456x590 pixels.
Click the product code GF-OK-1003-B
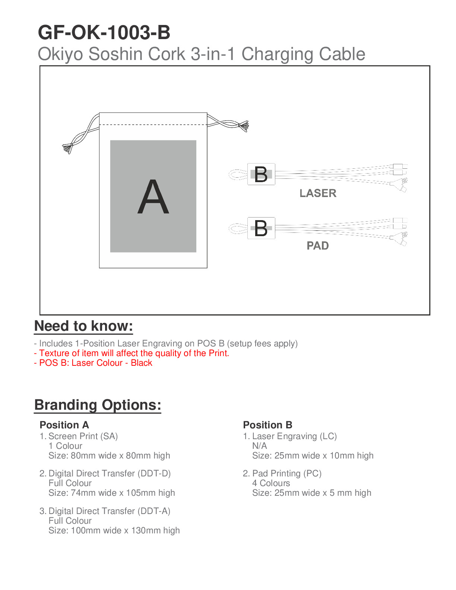tap(104, 33)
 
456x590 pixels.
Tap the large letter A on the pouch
tap(153, 197)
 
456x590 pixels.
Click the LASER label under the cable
tap(318, 193)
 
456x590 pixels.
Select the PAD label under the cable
tap(317, 246)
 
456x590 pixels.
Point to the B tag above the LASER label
tap(261, 174)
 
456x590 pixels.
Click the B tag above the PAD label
tap(261, 228)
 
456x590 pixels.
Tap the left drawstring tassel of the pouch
tap(68, 148)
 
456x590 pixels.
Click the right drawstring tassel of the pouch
tap(244, 126)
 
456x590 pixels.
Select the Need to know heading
tap(83, 326)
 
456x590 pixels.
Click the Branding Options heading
tap(98, 405)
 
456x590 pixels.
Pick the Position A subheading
tap(64, 425)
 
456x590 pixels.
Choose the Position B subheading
tap(267, 425)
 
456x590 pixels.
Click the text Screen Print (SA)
tap(83, 436)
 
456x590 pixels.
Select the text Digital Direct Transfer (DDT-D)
tap(110, 473)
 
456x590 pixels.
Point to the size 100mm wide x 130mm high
tap(114, 530)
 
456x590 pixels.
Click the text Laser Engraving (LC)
tap(294, 436)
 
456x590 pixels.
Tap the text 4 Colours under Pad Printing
tap(271, 483)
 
